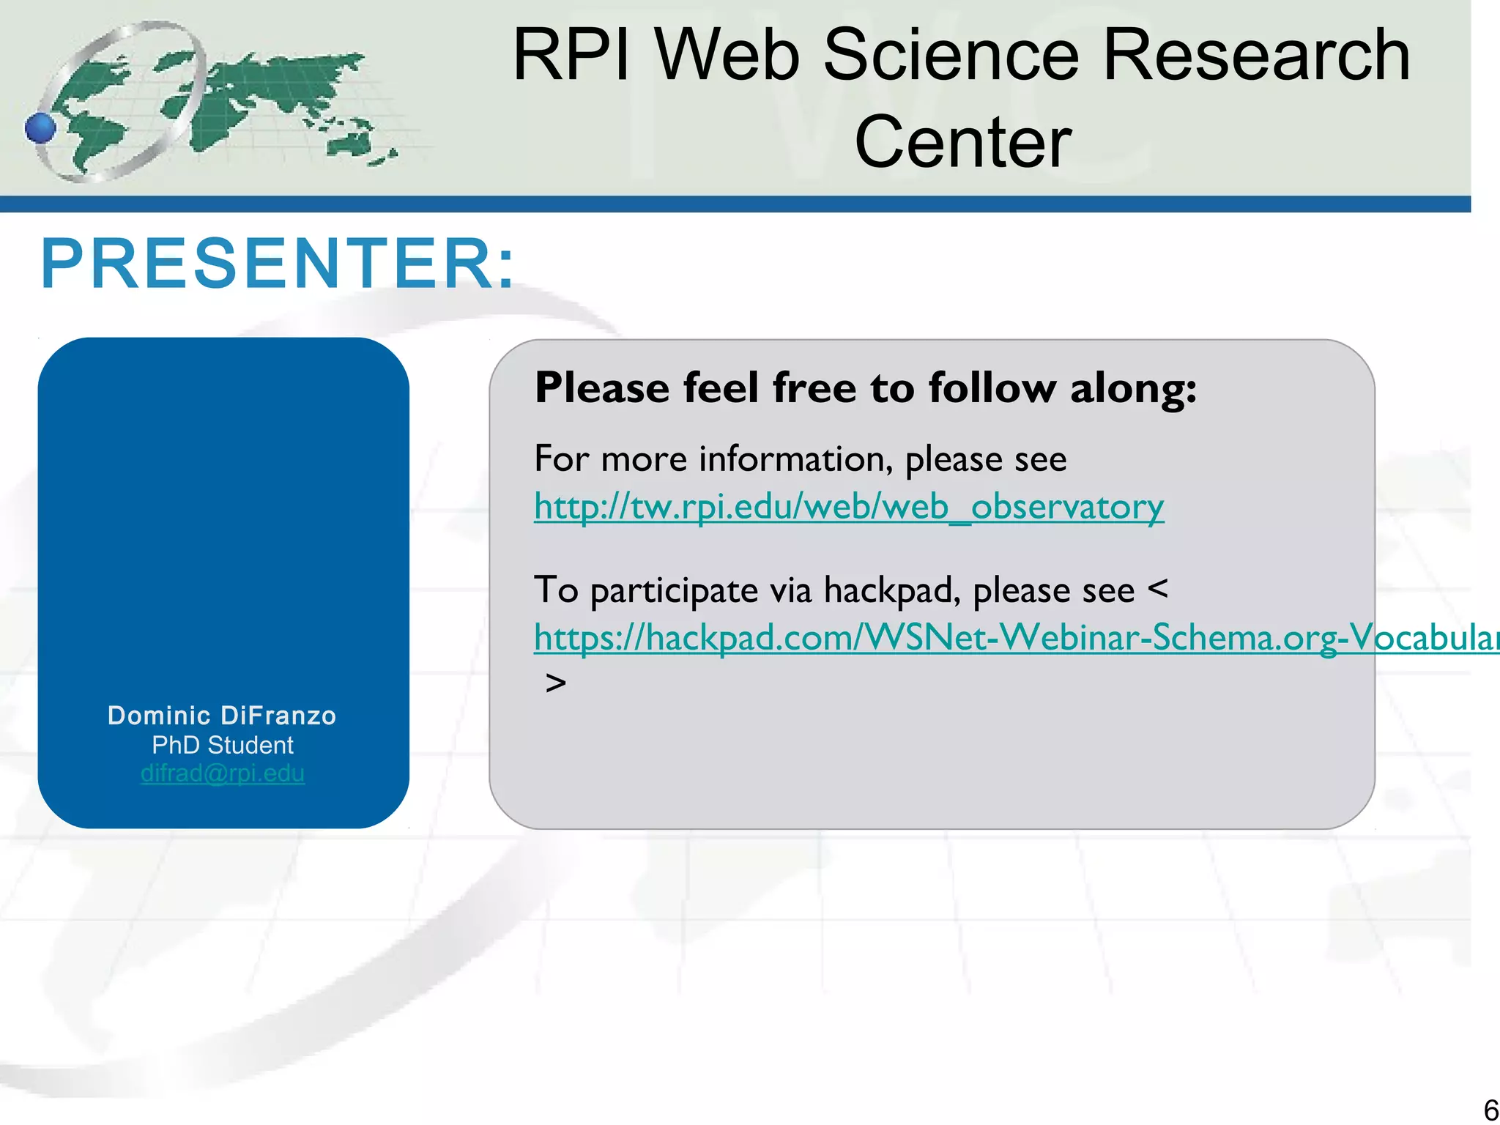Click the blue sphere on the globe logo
click(40, 128)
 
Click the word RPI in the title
click(571, 55)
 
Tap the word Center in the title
click(962, 142)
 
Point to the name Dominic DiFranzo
click(222, 716)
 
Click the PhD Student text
click(222, 745)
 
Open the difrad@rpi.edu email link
click(222, 773)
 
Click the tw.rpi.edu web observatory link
click(848, 507)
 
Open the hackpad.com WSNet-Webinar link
click(1011, 637)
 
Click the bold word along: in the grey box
click(1133, 387)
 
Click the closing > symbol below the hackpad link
click(556, 683)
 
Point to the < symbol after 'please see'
click(1158, 589)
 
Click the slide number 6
click(1490, 1110)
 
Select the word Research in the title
click(1256, 55)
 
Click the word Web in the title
click(726, 55)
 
